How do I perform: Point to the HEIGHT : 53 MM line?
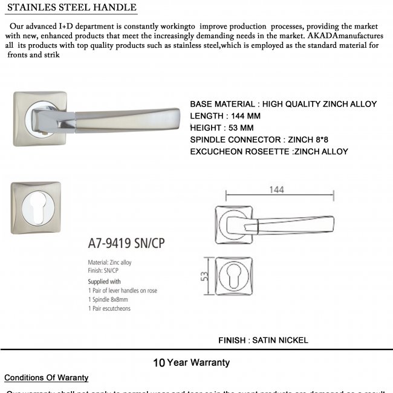[x=221, y=128]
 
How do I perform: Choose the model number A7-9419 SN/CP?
[x=126, y=243]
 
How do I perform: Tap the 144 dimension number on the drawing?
[x=260, y=189]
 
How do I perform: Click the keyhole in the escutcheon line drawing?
[x=232, y=276]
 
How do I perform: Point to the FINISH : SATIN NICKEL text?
[x=263, y=340]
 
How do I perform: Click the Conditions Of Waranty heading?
[x=47, y=378]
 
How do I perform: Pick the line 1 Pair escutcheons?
[x=109, y=308]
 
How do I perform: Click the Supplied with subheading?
[x=105, y=282]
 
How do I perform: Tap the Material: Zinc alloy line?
[x=109, y=263]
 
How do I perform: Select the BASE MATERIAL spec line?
[x=283, y=104]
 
